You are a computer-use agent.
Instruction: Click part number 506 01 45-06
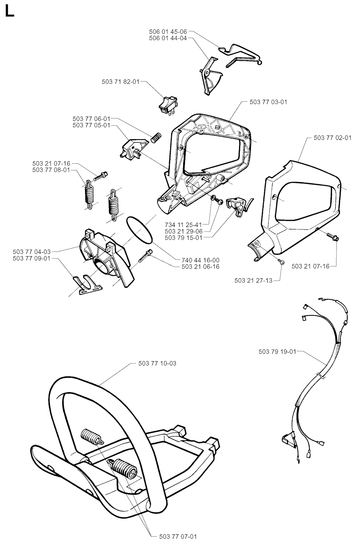[168, 32]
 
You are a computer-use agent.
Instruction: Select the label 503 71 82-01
[121, 82]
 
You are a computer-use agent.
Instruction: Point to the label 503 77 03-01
[268, 102]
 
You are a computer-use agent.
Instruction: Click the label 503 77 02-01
[333, 138]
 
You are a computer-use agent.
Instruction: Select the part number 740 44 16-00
[201, 260]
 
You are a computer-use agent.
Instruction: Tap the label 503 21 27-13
[254, 280]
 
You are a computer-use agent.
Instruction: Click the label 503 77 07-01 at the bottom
[178, 536]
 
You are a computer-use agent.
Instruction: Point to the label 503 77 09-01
[32, 258]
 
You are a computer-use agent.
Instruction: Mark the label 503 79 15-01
[184, 238]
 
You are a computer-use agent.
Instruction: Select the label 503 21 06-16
[201, 267]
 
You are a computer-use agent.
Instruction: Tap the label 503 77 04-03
[32, 252]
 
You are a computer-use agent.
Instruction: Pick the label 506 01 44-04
[168, 38]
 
